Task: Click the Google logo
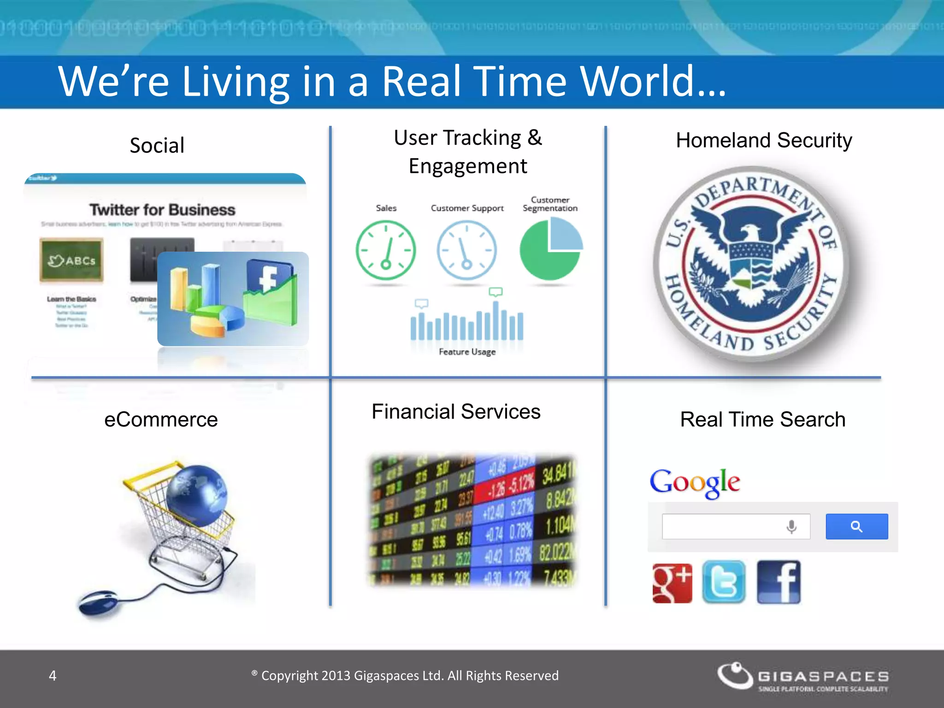[695, 482]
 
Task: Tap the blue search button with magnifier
[856, 526]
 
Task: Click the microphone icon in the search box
[791, 526]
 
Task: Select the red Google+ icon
[672, 583]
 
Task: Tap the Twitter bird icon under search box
[724, 582]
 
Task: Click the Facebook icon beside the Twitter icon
[779, 582]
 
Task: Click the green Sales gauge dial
[386, 250]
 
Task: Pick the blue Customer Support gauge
[466, 250]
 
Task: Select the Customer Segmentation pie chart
[550, 249]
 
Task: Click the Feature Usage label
[467, 352]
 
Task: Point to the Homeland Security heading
[764, 140]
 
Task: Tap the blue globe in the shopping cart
[197, 496]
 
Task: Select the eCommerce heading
[161, 419]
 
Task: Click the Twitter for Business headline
[162, 210]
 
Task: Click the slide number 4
[53, 676]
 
